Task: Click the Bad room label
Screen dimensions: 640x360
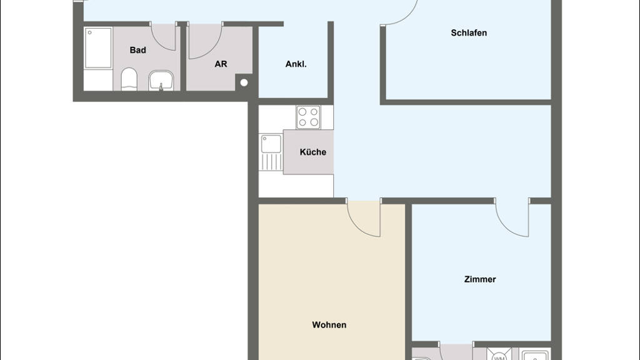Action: click(137, 50)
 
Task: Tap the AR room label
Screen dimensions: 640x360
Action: click(221, 64)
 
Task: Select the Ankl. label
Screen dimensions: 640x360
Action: click(296, 64)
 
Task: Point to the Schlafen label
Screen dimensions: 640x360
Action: click(469, 32)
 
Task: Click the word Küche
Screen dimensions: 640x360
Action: click(312, 152)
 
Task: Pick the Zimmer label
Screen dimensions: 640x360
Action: click(480, 279)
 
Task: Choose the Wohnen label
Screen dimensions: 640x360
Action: click(329, 325)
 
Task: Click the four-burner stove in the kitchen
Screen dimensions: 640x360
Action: click(308, 117)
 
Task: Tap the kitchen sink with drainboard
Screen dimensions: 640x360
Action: click(271, 152)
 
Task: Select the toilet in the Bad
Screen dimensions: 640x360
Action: click(129, 79)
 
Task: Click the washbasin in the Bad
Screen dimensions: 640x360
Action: click(161, 81)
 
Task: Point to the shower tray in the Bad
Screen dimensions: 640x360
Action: click(98, 47)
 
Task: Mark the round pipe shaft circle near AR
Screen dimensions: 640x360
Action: click(244, 83)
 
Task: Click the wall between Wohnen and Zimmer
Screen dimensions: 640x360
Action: click(408, 282)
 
